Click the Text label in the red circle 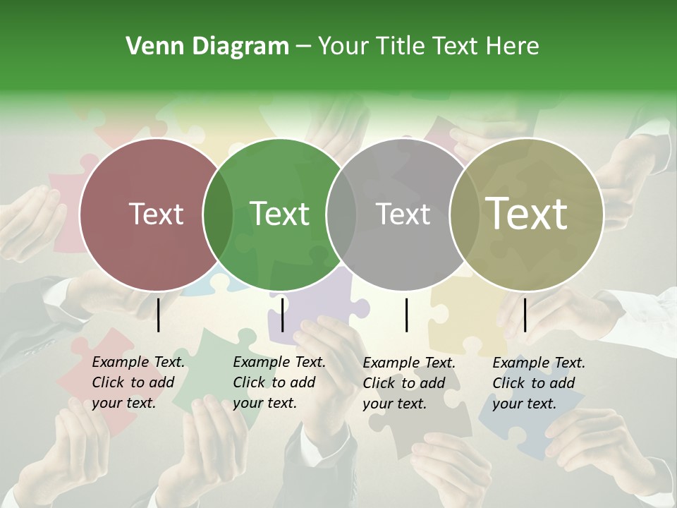click(156, 214)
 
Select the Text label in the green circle click(279, 214)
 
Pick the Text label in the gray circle click(403, 214)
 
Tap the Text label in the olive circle click(527, 214)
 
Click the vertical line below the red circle click(158, 315)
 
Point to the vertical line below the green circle click(282, 315)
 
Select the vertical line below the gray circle click(406, 315)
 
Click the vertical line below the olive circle click(525, 315)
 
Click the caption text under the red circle click(138, 383)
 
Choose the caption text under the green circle click(279, 383)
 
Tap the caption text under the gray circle click(408, 383)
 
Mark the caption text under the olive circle click(538, 383)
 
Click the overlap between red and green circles click(218, 214)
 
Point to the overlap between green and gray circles click(341, 214)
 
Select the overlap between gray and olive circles click(464, 214)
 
